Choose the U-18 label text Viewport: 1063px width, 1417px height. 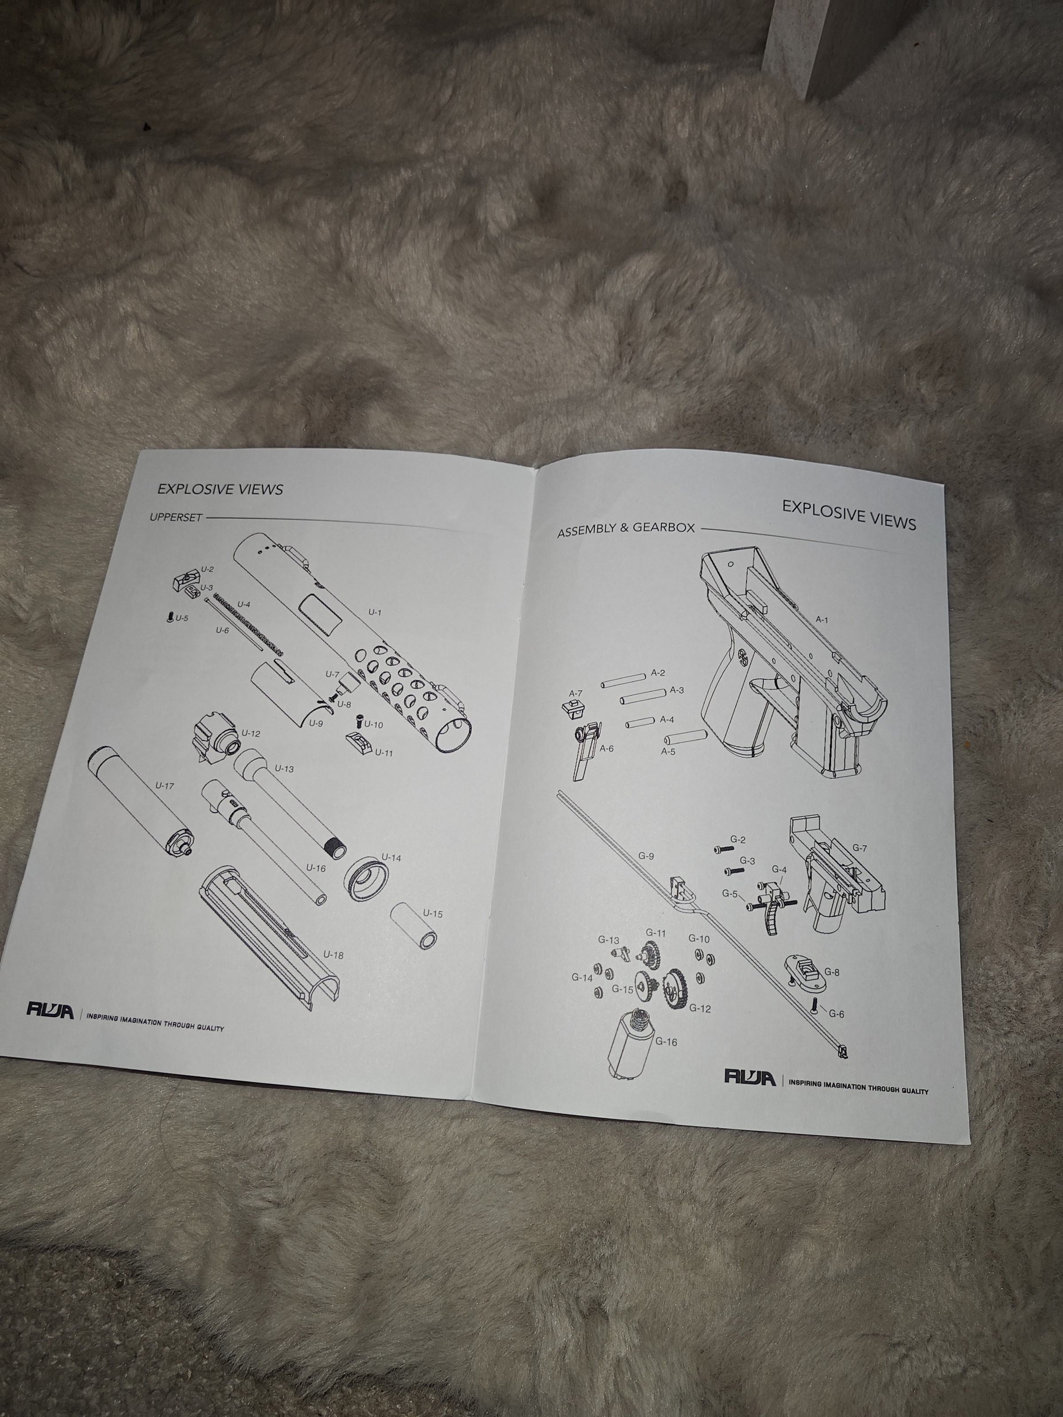[x=333, y=955]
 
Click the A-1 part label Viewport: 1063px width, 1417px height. [x=822, y=620]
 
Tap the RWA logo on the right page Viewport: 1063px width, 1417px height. [x=750, y=1077]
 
